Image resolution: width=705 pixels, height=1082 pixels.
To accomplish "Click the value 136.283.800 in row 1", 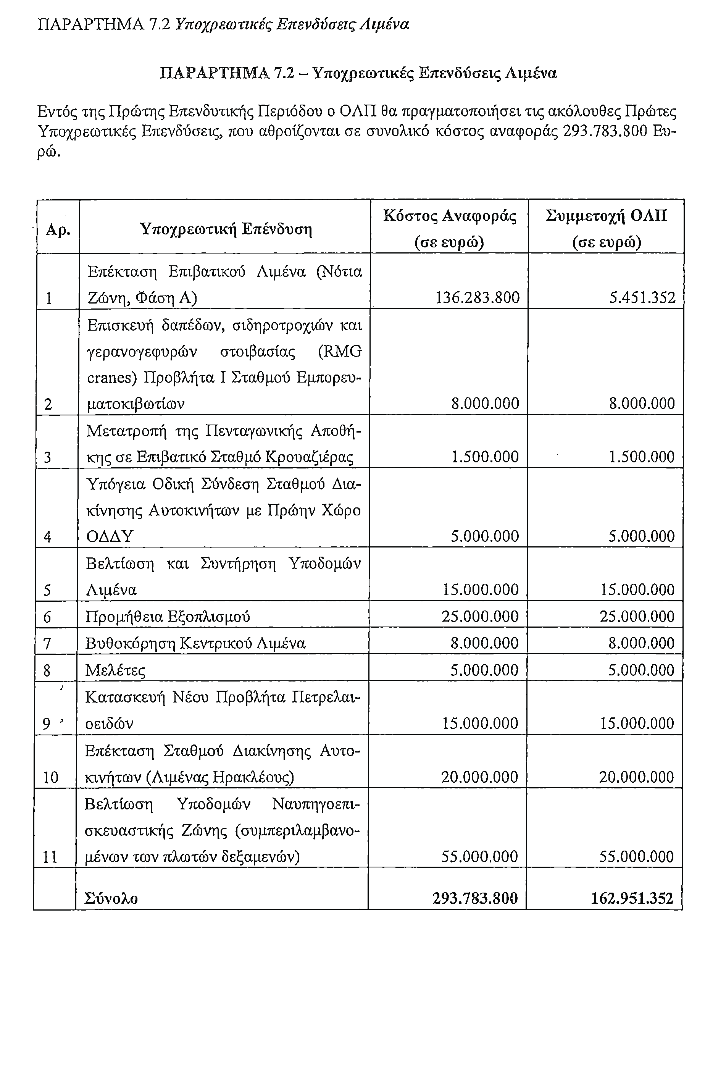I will tap(477, 298).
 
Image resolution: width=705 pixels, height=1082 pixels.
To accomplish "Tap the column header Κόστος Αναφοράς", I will tap(450, 216).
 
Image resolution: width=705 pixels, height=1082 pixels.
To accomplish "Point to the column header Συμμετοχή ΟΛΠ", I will tap(607, 216).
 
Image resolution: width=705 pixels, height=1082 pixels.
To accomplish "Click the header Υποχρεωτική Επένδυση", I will tap(226, 229).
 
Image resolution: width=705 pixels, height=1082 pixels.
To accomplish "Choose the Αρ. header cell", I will tap(58, 229).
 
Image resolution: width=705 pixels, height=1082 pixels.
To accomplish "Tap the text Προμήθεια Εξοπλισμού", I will tap(168, 617).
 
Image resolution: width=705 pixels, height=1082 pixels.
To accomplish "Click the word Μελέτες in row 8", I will tap(116, 670).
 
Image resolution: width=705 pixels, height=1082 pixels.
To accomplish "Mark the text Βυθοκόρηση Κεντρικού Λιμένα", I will tap(195, 644).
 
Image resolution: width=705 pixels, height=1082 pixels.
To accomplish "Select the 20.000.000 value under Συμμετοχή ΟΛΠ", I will tap(636, 777).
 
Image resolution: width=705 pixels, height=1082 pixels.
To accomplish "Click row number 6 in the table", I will tap(47, 617).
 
